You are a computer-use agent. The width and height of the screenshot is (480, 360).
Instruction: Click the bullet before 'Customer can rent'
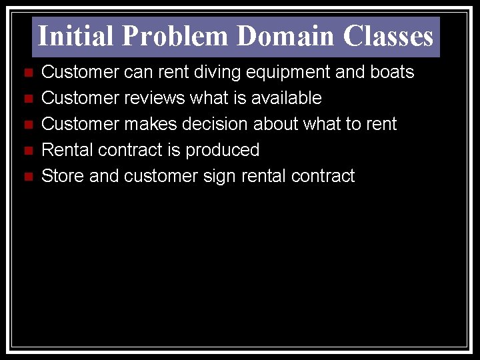(x=27, y=73)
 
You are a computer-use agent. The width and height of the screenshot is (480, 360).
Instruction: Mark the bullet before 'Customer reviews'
(x=27, y=99)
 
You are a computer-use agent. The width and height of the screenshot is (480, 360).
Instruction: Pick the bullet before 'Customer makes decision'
(x=27, y=125)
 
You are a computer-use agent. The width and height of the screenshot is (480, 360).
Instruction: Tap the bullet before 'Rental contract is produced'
(x=27, y=151)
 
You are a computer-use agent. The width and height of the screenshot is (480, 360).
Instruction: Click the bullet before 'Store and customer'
(x=27, y=177)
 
